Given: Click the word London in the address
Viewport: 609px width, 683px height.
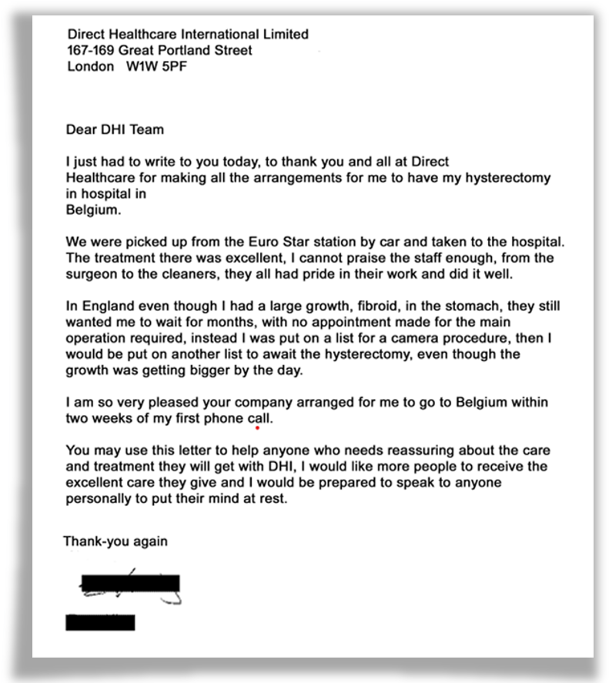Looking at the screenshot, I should tap(86, 66).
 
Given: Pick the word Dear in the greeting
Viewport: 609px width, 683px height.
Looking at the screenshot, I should tap(79, 130).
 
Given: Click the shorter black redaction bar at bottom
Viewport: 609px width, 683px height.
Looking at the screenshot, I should tap(100, 622).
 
